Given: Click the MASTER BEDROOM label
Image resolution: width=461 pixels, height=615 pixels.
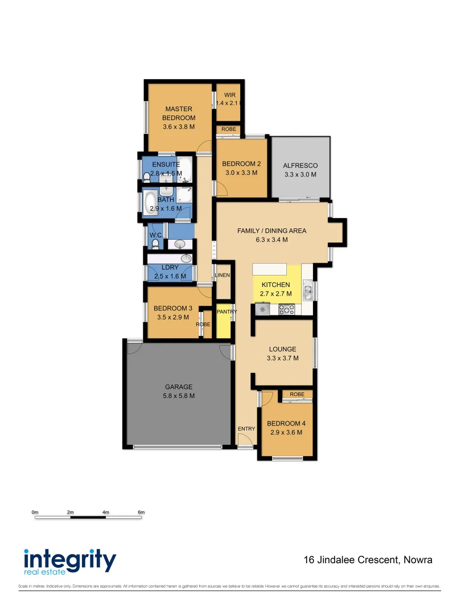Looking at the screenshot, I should pos(179,113).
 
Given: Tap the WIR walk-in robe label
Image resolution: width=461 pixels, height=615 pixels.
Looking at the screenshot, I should pos(229,95).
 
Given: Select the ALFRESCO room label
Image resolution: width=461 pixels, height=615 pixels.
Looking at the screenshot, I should pos(300,166).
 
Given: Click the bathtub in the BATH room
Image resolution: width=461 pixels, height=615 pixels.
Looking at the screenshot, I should pos(150,202).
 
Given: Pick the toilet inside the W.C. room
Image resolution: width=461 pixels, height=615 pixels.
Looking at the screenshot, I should pos(154,244).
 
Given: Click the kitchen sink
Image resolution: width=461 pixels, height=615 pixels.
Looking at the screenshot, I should pos(307,293).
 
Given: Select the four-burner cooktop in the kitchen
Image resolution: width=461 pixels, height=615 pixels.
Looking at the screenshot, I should pos(286,310).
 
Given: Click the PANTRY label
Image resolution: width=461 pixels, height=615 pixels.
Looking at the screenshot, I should pos(226,312).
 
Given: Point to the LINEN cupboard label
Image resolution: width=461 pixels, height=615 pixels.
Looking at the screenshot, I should pos(222,276).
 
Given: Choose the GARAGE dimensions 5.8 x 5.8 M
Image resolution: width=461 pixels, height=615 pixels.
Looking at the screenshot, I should pos(179,396).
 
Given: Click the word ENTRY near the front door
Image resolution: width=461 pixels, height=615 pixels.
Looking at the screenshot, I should pos(246,429).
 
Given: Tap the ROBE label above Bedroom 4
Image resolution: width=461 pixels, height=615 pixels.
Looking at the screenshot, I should pos(297,394).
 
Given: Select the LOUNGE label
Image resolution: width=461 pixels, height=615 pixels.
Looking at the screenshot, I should pos(282,349).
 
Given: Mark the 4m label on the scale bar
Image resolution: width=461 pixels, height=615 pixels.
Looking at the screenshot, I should pos(105,512).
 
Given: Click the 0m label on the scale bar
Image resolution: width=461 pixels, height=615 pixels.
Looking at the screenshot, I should pos(35,512).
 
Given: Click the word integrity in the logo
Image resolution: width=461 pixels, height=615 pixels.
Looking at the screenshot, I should pos(69,559).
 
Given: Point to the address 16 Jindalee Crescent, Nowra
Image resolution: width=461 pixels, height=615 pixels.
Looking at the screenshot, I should pos(368,560).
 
